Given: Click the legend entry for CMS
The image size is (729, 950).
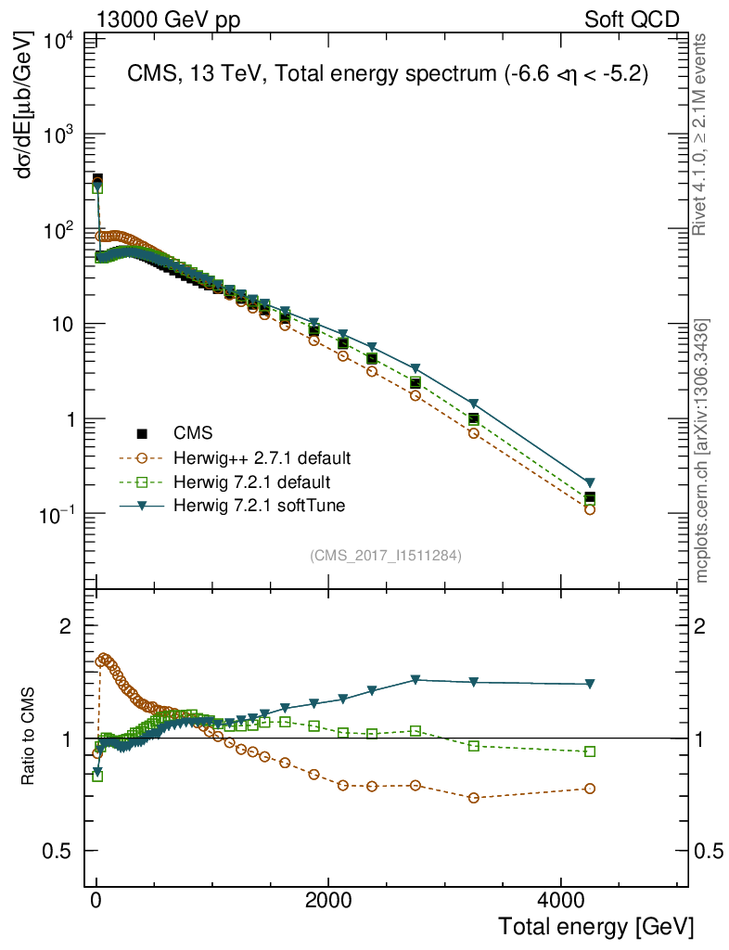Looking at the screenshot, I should (193, 433).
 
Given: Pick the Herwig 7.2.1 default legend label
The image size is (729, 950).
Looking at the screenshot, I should (251, 481).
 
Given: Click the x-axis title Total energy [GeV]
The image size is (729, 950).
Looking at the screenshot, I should (595, 925).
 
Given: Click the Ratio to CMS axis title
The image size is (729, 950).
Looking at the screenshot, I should (30, 734).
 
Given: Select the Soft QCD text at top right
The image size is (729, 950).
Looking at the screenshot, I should (632, 19).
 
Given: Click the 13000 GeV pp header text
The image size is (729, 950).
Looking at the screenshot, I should (168, 19).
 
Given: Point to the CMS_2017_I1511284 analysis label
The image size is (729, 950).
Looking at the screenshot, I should (386, 556).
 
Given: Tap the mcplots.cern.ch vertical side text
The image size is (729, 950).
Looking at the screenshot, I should (702, 451).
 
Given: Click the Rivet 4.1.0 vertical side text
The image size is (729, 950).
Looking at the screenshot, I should (702, 135).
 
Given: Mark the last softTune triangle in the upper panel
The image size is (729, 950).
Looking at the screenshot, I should (590, 483).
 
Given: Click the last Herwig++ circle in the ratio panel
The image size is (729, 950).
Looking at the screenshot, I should (590, 789).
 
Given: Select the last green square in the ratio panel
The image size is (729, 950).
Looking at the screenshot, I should (590, 751).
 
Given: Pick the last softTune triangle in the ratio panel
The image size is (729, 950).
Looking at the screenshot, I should (590, 685).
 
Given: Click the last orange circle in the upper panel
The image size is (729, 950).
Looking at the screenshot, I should (590, 509).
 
